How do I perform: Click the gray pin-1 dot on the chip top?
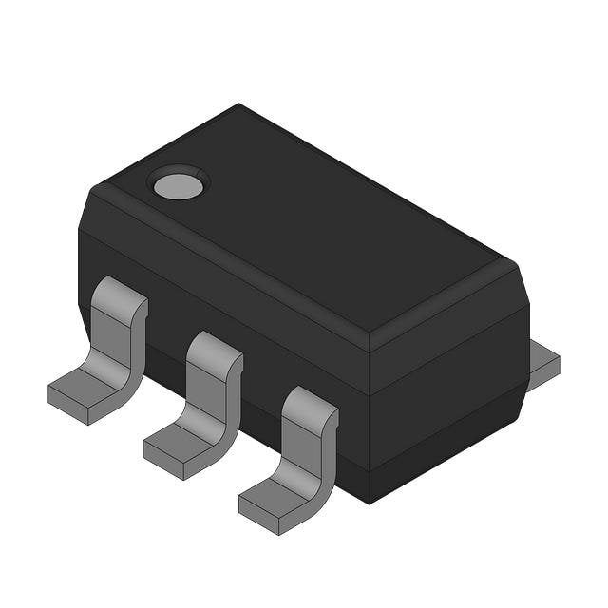point(179,184)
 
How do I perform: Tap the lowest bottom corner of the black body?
point(370,503)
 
